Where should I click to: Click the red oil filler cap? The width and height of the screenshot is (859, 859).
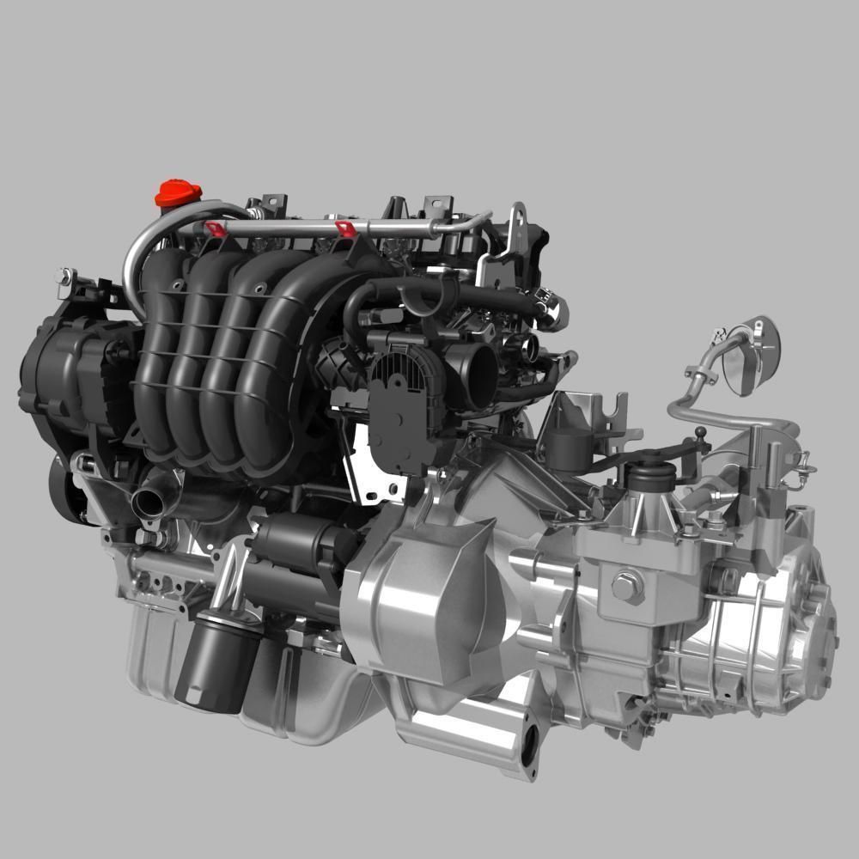[178, 193]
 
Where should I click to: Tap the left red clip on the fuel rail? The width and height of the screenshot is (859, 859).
[215, 228]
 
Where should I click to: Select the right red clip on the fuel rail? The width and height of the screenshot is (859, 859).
[344, 229]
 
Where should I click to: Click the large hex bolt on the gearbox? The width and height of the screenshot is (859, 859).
[628, 587]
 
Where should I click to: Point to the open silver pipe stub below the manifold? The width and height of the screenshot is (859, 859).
[147, 503]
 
